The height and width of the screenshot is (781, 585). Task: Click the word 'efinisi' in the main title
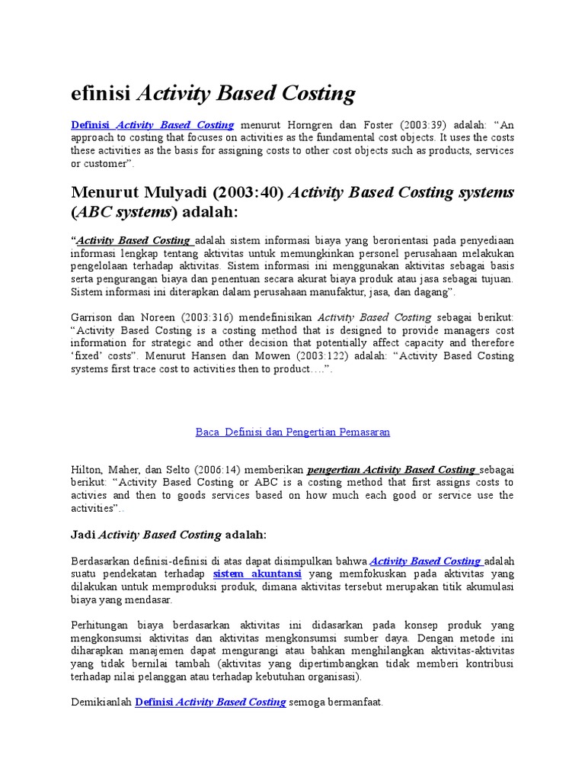coord(101,94)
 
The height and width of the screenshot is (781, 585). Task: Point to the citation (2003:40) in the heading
coord(247,191)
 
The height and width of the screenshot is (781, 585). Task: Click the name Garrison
coord(91,317)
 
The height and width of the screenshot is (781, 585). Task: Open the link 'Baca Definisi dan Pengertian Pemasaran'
coord(292,432)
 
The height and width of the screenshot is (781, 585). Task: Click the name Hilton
coord(86,470)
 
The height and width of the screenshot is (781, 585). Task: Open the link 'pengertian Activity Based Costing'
coord(391,470)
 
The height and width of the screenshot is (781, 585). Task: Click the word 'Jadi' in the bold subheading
coord(83,535)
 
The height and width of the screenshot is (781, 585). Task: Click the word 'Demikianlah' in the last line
coord(101,702)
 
